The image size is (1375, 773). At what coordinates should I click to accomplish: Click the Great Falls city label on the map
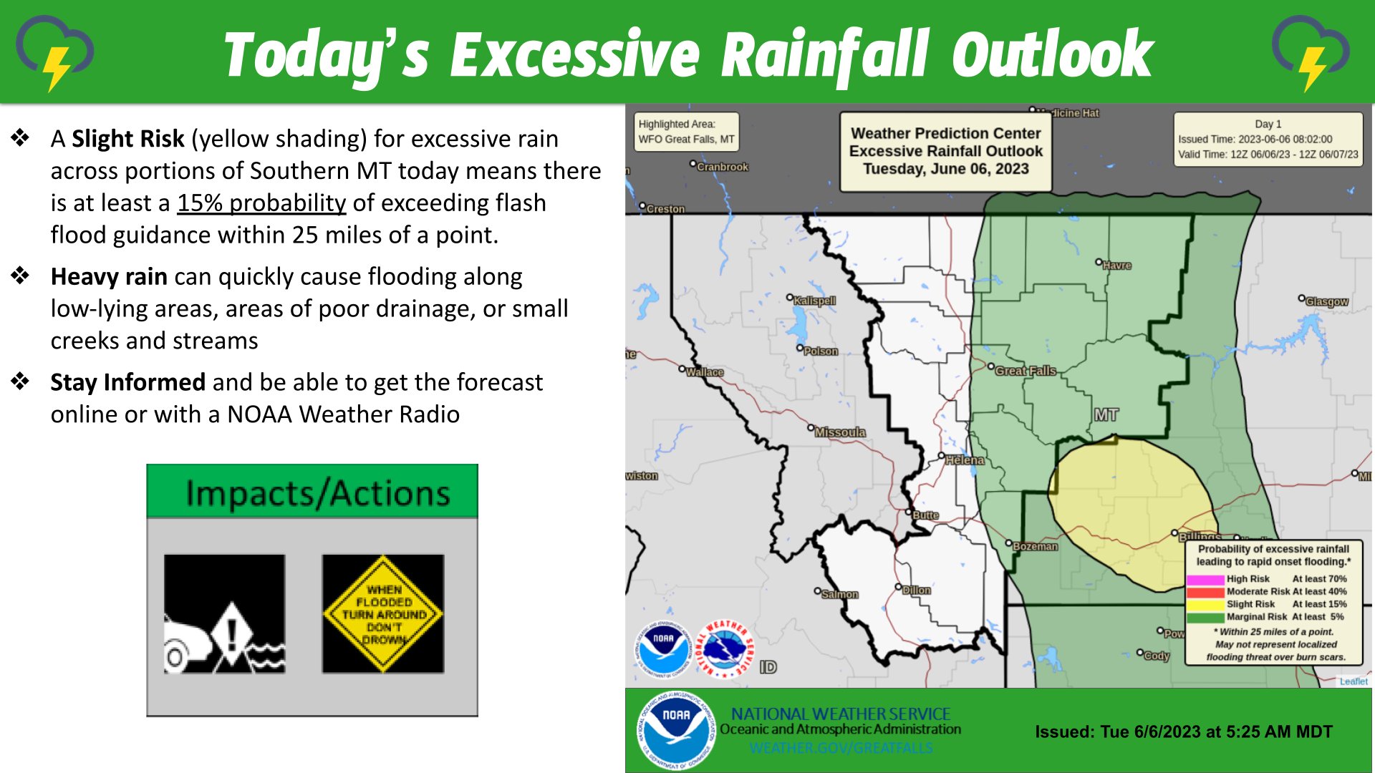pos(1026,371)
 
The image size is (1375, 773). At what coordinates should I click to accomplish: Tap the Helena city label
pos(964,460)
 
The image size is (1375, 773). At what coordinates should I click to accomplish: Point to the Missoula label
pos(840,432)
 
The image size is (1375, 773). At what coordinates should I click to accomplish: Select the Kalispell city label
pos(815,301)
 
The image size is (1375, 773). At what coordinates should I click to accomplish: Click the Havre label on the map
pos(1116,266)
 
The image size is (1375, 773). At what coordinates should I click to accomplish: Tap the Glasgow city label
pos(1326,302)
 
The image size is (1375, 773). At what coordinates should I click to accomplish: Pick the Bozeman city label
pos(1035,546)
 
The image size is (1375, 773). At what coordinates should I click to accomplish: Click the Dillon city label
pos(916,590)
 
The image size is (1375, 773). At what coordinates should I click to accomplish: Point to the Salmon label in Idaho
pos(839,595)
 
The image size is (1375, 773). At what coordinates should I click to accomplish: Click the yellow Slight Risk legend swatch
pos(1205,605)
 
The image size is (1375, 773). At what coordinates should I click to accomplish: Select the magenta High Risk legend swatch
pos(1205,579)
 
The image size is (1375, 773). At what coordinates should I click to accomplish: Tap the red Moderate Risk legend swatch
pos(1205,592)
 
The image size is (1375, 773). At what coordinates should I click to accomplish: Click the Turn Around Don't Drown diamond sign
pos(383,614)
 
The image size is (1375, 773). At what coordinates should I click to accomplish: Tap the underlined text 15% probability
pos(261,203)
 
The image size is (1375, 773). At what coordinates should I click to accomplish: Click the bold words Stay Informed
pos(127,382)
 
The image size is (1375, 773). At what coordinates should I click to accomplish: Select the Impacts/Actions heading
pos(317,493)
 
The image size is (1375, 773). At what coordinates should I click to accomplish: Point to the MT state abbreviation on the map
pos(1106,415)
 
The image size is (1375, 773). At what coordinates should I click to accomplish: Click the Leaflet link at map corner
pos(1353,681)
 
